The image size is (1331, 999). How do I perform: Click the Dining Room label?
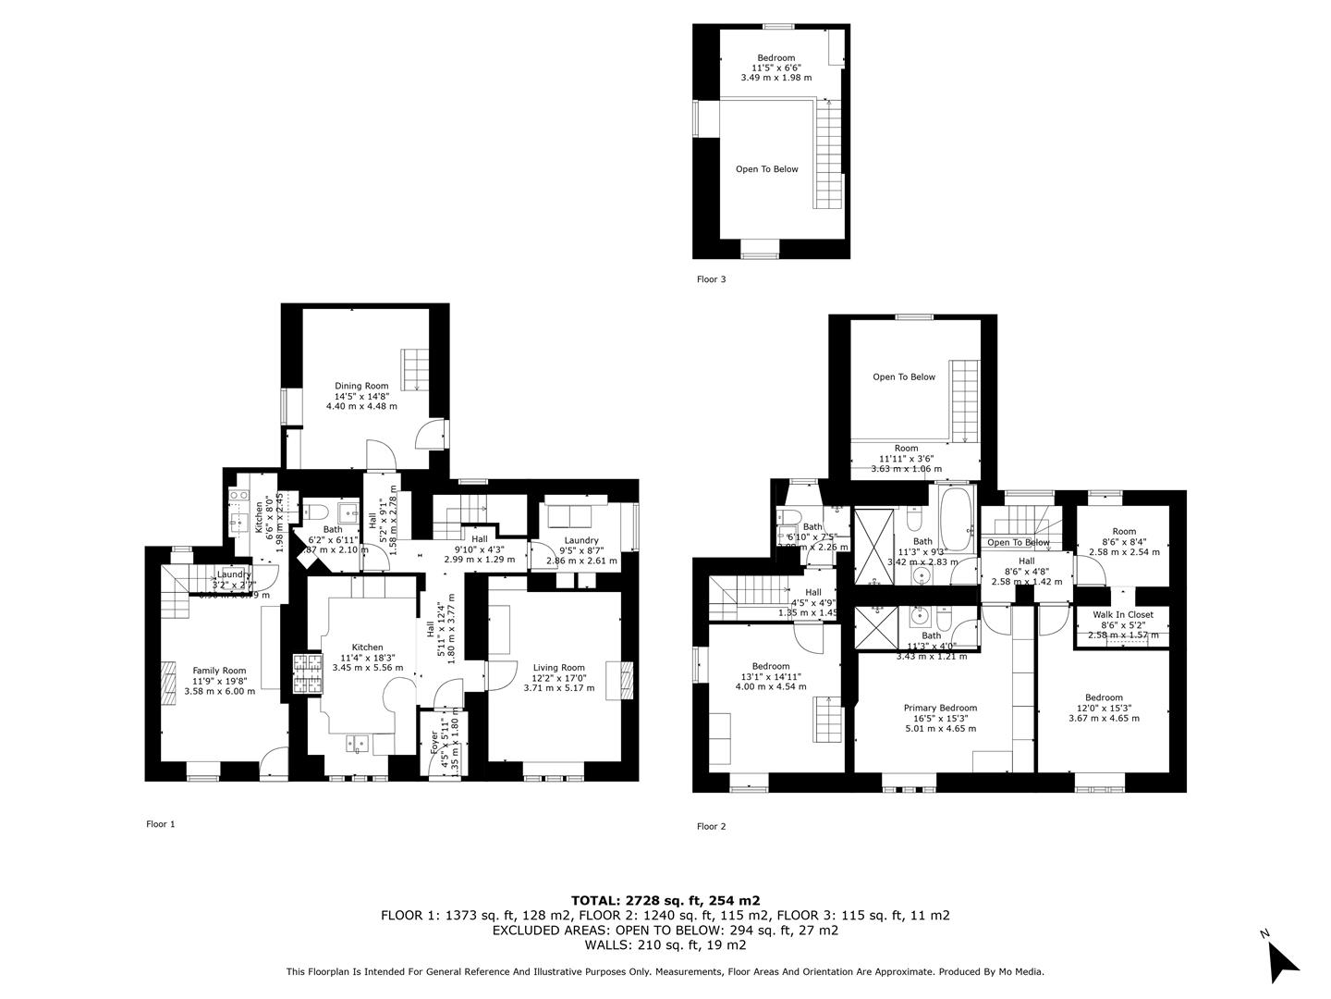click(x=361, y=386)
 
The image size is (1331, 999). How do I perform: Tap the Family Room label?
click(x=219, y=671)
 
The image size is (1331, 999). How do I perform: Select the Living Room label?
click(x=558, y=668)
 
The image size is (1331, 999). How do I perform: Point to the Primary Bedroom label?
click(x=940, y=708)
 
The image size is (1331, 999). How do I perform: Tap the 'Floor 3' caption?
click(x=711, y=278)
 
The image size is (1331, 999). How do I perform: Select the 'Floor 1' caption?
click(x=160, y=824)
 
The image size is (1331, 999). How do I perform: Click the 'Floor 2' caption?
click(x=711, y=827)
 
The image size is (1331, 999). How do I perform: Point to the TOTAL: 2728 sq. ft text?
click(x=665, y=900)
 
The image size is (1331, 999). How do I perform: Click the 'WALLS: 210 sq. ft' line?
click(x=665, y=945)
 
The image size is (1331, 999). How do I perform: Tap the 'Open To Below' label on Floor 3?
click(x=766, y=169)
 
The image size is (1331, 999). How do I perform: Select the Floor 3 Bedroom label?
click(x=775, y=58)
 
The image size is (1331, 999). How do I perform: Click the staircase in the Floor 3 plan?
click(x=828, y=153)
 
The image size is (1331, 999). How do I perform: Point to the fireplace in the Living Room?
click(x=628, y=682)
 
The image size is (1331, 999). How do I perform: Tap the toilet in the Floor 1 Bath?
click(x=313, y=512)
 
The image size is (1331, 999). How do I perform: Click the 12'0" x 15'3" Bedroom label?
click(x=1104, y=698)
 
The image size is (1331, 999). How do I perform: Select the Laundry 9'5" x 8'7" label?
click(x=581, y=541)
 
